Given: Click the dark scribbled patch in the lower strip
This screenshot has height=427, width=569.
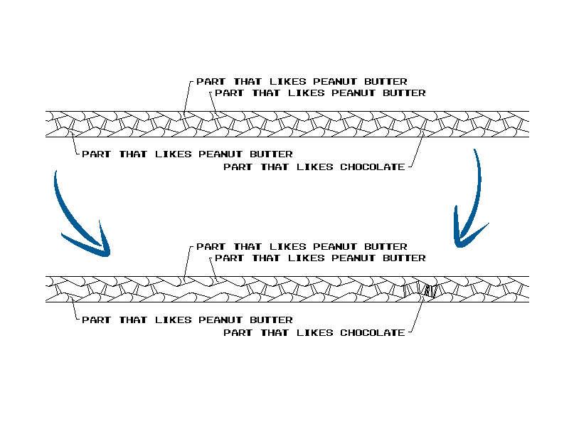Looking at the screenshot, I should pos(429,290).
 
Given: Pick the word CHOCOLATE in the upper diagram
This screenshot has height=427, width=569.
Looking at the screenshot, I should pos(372,167).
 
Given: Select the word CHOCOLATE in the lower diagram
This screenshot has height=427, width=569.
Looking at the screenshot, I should pos(372,332).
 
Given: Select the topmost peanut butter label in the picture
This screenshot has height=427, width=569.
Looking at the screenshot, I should pos(302,82).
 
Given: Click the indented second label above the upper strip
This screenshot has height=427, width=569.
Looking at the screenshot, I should pos(320,93).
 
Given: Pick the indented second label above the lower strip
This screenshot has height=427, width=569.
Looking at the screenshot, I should pos(320,258).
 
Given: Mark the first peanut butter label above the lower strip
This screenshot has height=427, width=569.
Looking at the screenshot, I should pos(302,247).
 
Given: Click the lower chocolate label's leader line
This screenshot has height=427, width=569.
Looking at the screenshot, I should pos(416,316).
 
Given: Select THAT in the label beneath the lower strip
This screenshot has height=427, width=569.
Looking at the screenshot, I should pos(133,320).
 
